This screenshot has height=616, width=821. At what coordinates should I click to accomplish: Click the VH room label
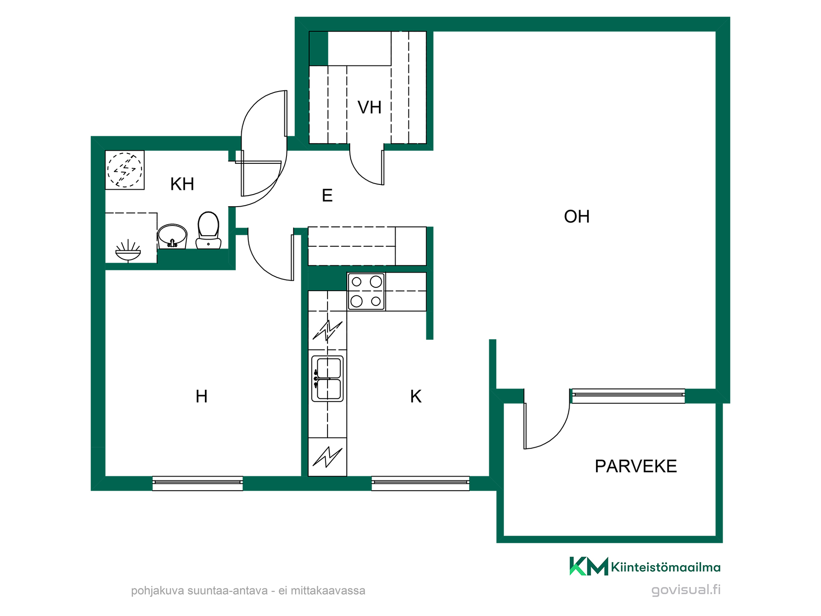(x=369, y=107)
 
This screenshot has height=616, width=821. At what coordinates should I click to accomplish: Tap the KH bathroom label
(x=182, y=184)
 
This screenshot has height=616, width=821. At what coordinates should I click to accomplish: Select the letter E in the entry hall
(x=327, y=195)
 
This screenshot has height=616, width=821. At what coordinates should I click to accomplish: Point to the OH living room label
(x=577, y=216)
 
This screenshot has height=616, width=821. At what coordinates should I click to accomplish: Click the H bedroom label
(x=201, y=397)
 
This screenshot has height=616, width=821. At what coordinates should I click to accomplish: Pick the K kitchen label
(x=416, y=397)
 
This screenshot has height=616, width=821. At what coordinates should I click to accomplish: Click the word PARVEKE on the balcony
(x=636, y=466)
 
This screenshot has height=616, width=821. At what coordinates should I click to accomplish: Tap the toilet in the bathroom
(x=208, y=230)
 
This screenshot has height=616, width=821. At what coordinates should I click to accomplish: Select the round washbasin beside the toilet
(x=172, y=236)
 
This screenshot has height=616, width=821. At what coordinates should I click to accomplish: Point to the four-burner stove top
(x=366, y=291)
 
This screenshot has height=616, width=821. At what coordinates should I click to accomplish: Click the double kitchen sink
(x=328, y=379)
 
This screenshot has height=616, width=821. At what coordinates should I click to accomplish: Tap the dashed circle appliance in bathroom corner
(x=124, y=170)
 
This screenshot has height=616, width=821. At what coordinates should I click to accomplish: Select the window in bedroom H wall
(x=198, y=483)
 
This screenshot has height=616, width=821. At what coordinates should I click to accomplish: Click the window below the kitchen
(x=420, y=483)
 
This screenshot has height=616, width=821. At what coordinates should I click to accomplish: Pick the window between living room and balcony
(x=628, y=396)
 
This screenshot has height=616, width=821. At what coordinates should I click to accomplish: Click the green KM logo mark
(x=588, y=566)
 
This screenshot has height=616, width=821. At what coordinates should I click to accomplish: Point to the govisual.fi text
(x=686, y=590)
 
